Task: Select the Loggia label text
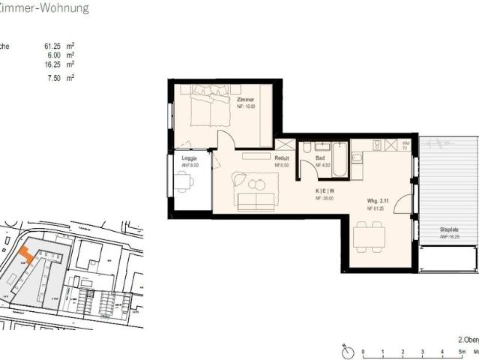[190, 158]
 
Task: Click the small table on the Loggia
[184, 181]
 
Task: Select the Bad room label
[319, 158]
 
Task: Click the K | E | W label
[324, 192]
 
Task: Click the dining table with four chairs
[369, 238]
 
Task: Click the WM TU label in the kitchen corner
[406, 144]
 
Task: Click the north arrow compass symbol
[346, 351]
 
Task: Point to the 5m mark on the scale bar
[462, 351]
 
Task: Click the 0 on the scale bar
[364, 351]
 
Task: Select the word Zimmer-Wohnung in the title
[44, 8]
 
